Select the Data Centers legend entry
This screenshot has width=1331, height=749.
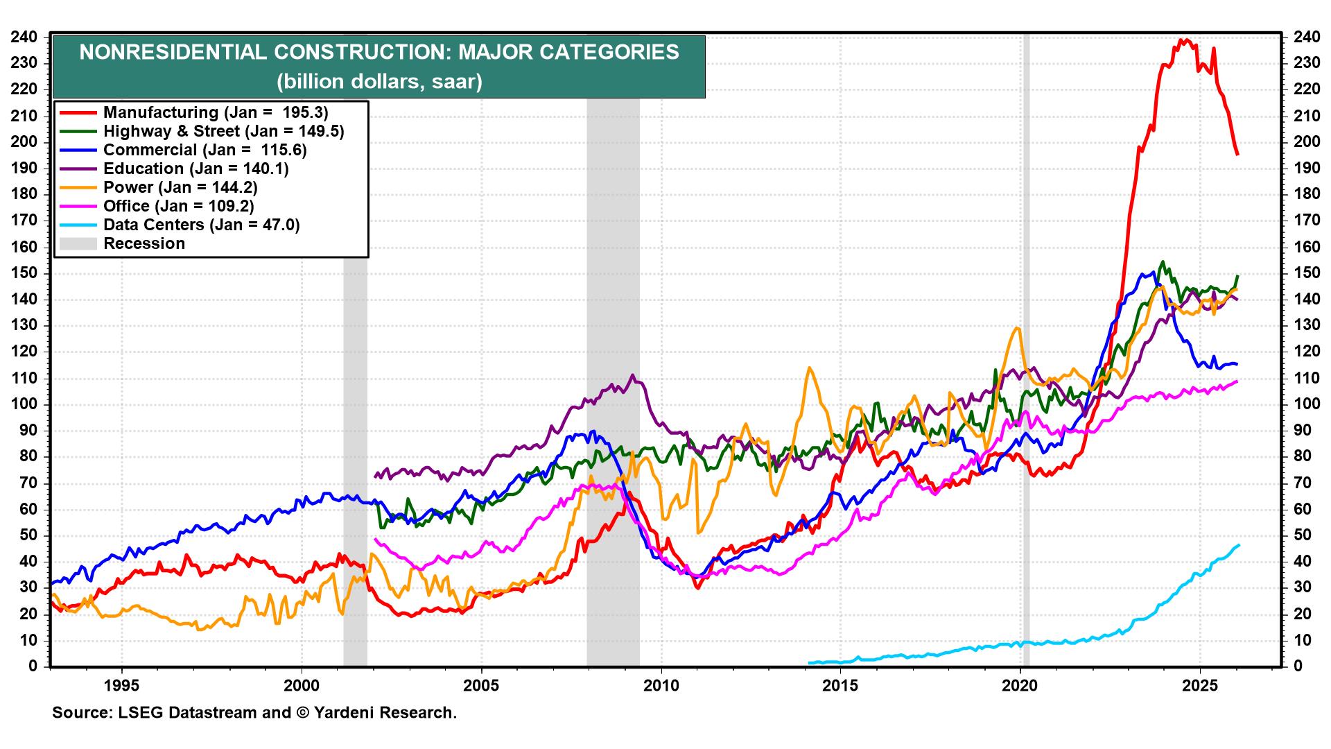(201, 225)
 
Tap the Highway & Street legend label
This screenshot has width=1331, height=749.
(223, 131)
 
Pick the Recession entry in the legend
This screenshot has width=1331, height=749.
(143, 243)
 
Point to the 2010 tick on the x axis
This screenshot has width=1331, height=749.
(661, 686)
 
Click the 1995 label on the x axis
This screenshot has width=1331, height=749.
(121, 686)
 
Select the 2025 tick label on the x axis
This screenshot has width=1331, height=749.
(1200, 686)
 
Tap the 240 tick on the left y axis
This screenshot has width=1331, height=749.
(24, 37)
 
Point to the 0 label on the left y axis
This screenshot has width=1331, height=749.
(32, 666)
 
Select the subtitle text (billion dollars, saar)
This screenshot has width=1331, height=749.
(379, 82)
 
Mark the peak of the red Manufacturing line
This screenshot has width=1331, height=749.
(1185, 40)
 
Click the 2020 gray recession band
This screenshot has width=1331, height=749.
(1026, 347)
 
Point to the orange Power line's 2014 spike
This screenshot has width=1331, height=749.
(808, 368)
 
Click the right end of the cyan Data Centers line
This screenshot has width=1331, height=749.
(1239, 545)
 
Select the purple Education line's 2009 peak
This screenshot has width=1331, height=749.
(632, 375)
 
